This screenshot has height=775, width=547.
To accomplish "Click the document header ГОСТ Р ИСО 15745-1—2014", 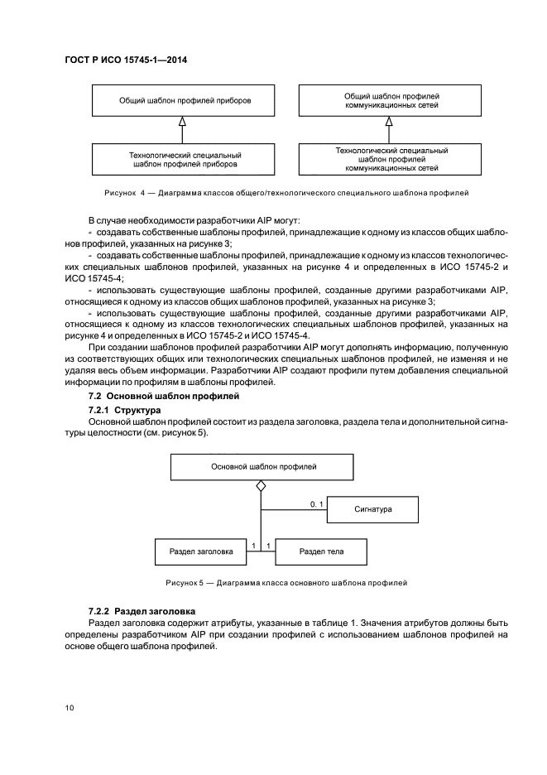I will coord(124,61).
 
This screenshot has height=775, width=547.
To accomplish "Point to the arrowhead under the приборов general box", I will coord(183,122).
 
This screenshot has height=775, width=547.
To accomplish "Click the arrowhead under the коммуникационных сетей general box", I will coord(389,122).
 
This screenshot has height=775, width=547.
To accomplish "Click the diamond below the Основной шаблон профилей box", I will coord(261,486).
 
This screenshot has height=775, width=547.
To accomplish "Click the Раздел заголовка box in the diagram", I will coord(201,550).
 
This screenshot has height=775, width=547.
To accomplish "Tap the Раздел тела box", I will coord(321,550).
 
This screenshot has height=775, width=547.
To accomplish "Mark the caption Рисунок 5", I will coord(286,583).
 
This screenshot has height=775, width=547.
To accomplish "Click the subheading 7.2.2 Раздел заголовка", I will coord(142,610).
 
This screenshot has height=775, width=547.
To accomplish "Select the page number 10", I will coord(70,708).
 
